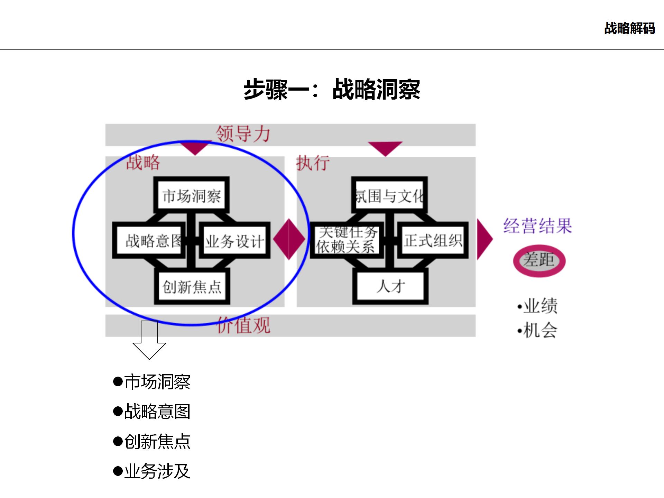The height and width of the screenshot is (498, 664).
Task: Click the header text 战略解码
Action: coord(629,28)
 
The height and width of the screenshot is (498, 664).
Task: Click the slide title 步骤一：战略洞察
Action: coord(332,90)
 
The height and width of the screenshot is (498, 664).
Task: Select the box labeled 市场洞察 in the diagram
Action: coord(192,196)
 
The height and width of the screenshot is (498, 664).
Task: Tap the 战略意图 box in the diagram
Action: coord(149,241)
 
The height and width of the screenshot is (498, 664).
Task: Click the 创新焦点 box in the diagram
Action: coord(192,287)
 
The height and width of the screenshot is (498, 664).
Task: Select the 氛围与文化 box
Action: coord(389,196)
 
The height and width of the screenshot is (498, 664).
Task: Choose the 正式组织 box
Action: coord(433,241)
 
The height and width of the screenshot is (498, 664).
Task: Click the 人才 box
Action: coord(390,287)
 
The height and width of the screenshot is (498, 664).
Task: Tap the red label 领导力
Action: coord(243,134)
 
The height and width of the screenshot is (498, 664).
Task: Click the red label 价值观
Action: coord(243,325)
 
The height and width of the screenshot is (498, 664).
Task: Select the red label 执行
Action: coord(313,163)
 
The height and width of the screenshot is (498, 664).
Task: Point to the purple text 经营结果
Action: coord(537,226)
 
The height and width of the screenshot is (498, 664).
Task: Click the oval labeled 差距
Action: coord(539,260)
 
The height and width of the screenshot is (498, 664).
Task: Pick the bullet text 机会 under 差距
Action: coord(540,330)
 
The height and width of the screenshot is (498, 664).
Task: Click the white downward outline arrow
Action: coord(149,341)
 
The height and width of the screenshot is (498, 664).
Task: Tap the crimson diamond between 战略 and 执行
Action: coord(289,239)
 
